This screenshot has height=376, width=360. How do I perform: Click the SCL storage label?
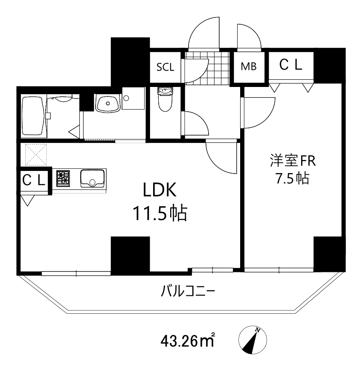165,67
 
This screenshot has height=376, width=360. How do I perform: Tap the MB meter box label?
248,67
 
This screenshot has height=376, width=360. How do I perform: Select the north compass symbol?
252,341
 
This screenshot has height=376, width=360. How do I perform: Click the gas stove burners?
63,178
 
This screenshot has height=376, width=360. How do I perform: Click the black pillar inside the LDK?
130,253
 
